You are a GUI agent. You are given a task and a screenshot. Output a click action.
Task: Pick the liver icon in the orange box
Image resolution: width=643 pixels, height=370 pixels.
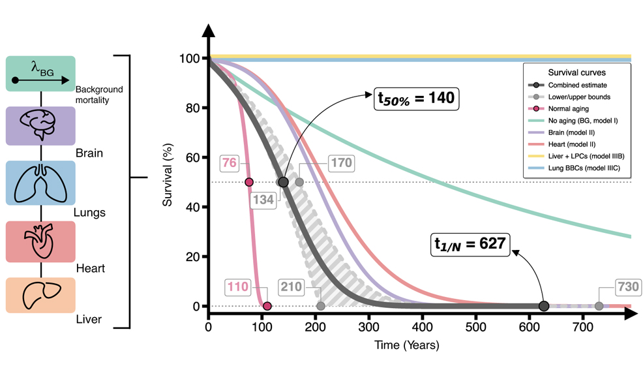click(40, 295)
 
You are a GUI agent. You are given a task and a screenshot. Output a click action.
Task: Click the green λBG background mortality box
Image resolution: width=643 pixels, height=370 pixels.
click(40, 73)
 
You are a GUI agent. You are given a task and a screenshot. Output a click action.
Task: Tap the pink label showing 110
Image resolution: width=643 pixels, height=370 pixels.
click(237, 286)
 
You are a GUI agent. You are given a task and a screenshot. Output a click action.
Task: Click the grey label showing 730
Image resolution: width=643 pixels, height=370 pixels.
click(627, 286)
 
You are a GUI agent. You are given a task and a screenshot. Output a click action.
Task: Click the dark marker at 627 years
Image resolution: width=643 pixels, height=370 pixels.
click(544, 306)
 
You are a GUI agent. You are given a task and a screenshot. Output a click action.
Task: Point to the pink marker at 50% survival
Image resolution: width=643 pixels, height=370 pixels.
click(248, 182)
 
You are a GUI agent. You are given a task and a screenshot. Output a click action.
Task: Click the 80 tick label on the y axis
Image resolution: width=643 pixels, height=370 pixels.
click(191, 108)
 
